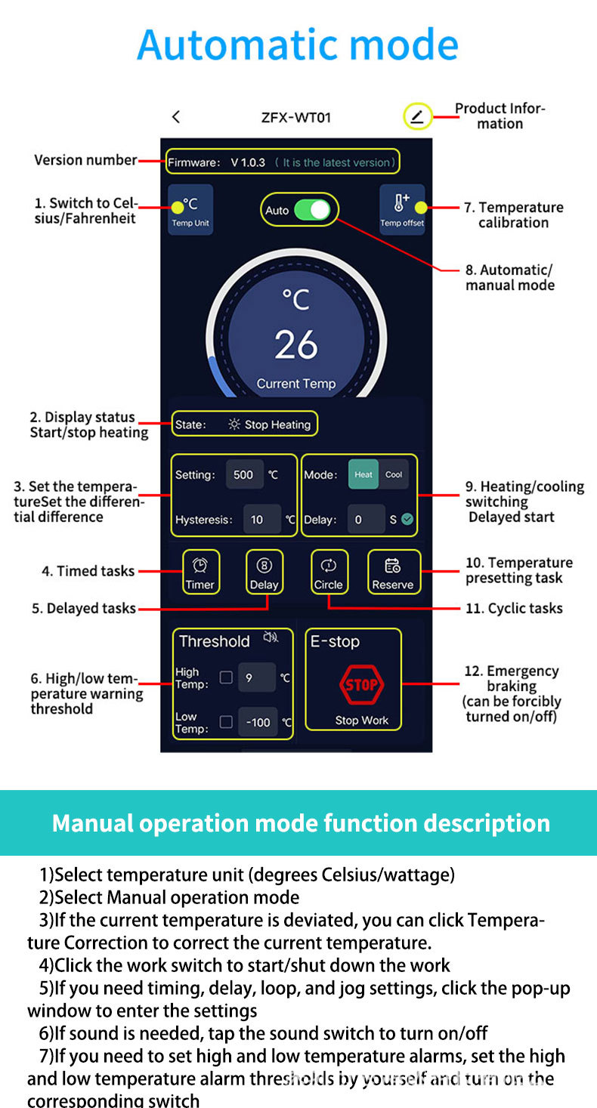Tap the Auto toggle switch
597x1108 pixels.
pos(311,210)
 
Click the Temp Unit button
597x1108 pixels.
pos(190,209)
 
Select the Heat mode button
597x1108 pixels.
pos(363,474)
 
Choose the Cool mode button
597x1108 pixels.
pos(394,474)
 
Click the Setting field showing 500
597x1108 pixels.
pos(244,474)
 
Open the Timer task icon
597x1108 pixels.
pos(200,572)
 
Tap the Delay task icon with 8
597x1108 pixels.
pos(264,572)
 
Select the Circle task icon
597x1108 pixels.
pos(329,572)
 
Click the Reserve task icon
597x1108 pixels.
pos(393,572)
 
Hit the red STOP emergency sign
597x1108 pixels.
pos(361,685)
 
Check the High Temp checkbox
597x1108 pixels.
pos(226,677)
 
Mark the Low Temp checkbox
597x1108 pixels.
pos(226,722)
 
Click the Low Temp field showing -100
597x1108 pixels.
pos(258,722)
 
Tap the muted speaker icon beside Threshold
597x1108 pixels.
pos(271,638)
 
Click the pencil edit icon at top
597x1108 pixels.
pos(417,117)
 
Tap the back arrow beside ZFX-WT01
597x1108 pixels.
pos(176,117)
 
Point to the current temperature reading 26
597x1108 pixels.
pos(296,344)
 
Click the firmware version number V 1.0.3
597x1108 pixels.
pos(248,162)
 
